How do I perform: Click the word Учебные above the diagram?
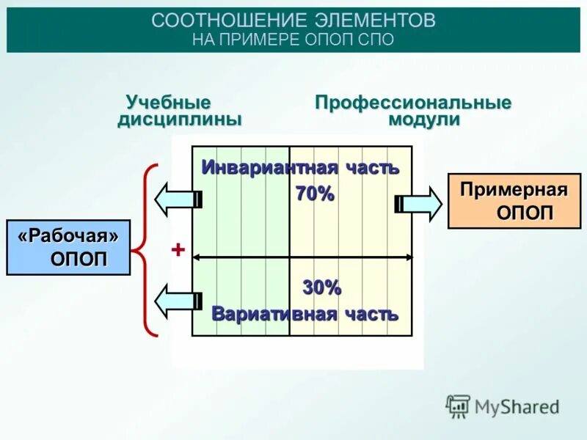pos(168,102)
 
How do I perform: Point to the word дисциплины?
pos(179,120)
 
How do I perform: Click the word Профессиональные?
pos(413,102)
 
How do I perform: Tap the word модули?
pos(423,120)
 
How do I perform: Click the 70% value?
pos(315,194)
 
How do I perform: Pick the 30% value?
pos(322,288)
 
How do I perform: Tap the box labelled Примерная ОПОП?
pos(514,201)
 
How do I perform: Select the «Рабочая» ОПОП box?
pos(68,247)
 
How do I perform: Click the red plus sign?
pos(177,250)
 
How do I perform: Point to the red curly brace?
pos(147,250)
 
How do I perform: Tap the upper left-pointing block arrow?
pos(177,198)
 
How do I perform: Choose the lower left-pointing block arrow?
pos(177,299)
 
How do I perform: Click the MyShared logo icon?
pos(458,406)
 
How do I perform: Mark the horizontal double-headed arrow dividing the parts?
pos(302,257)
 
